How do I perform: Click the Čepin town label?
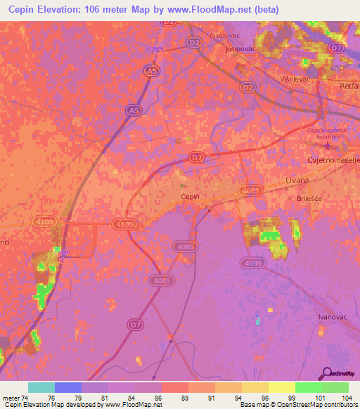click(190, 197)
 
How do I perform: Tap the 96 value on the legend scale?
click(255, 398)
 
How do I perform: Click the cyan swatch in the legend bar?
click(41, 387)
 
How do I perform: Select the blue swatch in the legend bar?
click(68, 387)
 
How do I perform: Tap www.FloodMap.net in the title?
click(210, 10)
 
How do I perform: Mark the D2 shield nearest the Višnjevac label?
click(247, 86)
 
